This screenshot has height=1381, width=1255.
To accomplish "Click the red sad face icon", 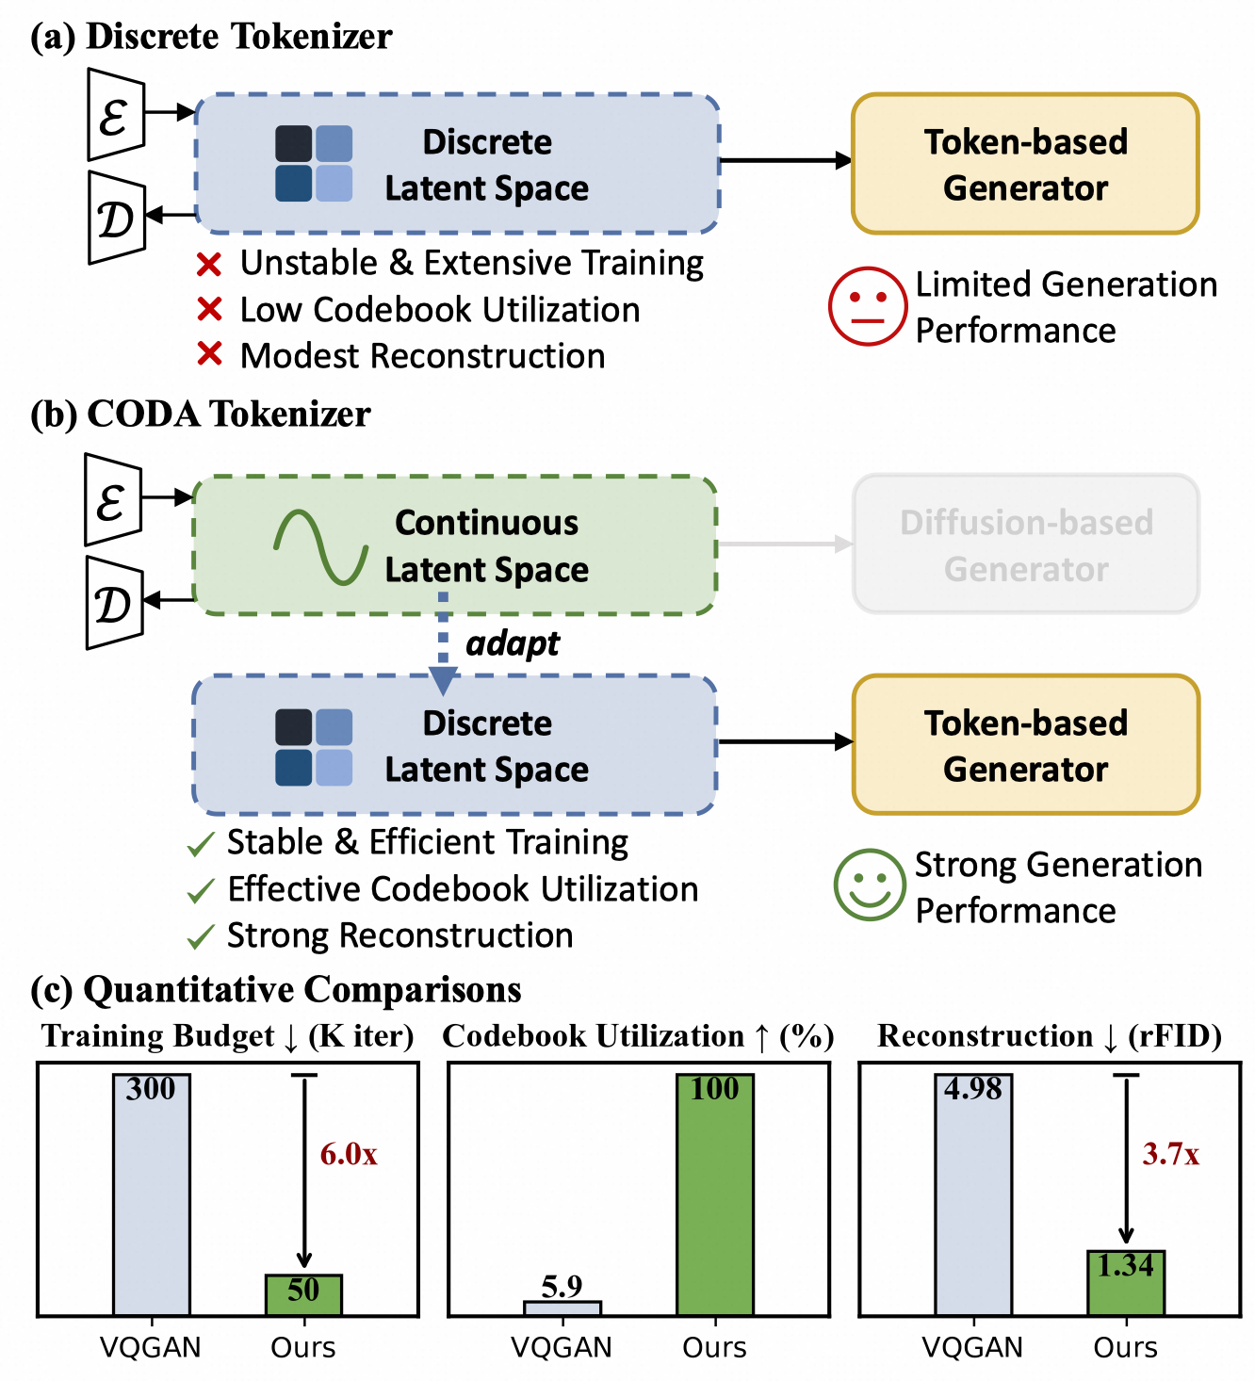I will pyautogui.click(x=867, y=306).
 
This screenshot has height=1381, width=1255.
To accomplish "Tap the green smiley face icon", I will pyautogui.click(x=869, y=885).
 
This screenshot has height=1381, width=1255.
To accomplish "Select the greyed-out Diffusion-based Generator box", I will pyautogui.click(x=1026, y=544).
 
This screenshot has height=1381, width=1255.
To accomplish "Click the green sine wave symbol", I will pyautogui.click(x=320, y=546).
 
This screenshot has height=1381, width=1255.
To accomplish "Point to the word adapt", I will pyautogui.click(x=513, y=643).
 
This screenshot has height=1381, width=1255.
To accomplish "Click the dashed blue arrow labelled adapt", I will pyautogui.click(x=443, y=645).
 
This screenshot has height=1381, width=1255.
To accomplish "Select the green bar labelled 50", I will pyautogui.click(x=303, y=1294).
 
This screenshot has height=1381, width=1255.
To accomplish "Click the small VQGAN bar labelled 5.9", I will pyautogui.click(x=562, y=1308).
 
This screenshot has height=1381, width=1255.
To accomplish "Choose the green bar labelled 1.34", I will pyautogui.click(x=1126, y=1282).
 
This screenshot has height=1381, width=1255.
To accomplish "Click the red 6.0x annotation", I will pyautogui.click(x=349, y=1154).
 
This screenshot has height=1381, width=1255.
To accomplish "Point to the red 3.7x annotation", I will pyautogui.click(x=1171, y=1154).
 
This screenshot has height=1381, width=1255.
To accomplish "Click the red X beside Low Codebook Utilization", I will pyautogui.click(x=209, y=309).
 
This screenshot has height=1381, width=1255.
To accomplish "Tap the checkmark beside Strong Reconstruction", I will pyautogui.click(x=201, y=936).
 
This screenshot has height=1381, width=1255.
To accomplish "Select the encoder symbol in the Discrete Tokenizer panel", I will pyautogui.click(x=115, y=115).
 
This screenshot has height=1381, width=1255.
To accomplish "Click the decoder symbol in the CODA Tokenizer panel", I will pyautogui.click(x=113, y=603).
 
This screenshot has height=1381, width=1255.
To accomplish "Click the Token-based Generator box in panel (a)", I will pyautogui.click(x=1025, y=164).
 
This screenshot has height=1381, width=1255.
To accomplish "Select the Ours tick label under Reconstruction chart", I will pyautogui.click(x=1125, y=1348).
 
